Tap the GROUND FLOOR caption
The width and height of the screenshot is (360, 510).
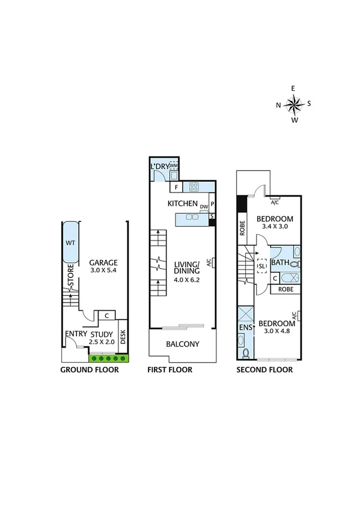(x=90, y=370)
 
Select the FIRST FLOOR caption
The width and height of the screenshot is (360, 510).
(x=170, y=370)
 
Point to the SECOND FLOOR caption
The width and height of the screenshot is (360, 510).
(x=264, y=370)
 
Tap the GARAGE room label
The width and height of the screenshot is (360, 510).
(x=103, y=263)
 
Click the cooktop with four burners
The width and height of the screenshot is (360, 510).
(x=195, y=186)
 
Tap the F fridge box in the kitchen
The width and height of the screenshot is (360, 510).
(x=177, y=186)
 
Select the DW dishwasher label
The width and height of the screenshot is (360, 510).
(x=204, y=207)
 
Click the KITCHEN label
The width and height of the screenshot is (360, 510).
(x=183, y=203)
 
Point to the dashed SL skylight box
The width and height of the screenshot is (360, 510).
(x=262, y=266)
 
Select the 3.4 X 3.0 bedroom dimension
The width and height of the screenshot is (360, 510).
(x=275, y=227)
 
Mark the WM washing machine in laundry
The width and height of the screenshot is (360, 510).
(x=174, y=165)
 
